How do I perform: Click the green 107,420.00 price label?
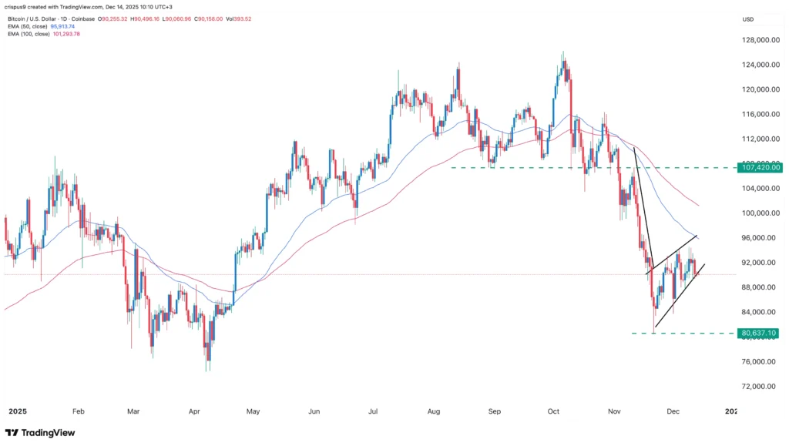click(x=760, y=167)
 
